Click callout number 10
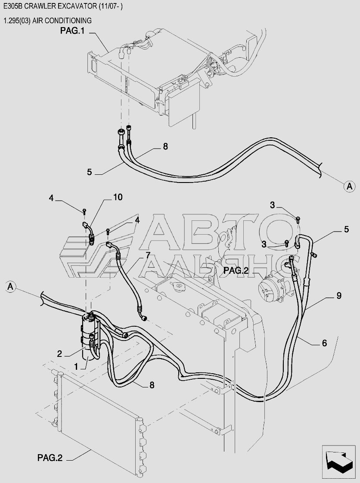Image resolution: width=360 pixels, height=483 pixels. (x=118, y=197)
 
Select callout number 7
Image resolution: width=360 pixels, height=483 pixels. (x=148, y=255)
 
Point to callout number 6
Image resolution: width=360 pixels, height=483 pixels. (x=324, y=343)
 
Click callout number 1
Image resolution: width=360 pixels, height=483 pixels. (x=76, y=366)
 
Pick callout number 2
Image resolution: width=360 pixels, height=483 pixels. (x=60, y=353)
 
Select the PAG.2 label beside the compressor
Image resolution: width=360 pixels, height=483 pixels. (x=236, y=271)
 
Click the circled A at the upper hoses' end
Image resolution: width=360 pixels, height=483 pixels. (x=349, y=186)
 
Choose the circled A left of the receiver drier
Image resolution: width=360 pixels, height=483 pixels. (x=11, y=286)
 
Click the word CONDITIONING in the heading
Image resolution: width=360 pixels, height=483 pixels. (x=66, y=20)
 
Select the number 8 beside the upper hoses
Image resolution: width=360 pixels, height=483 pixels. (x=165, y=147)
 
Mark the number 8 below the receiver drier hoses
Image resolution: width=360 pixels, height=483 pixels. (x=152, y=385)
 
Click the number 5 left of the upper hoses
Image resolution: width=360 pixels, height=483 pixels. (x=89, y=172)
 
